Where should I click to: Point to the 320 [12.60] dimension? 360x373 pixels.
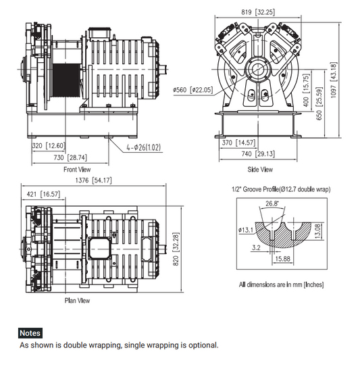coord(47,145)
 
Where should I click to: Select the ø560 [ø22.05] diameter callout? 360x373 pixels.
coord(192,90)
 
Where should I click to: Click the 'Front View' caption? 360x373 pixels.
coord(77,169)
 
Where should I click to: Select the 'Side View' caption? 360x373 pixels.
coord(260,169)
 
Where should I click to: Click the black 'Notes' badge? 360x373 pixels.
coord(30,333)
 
